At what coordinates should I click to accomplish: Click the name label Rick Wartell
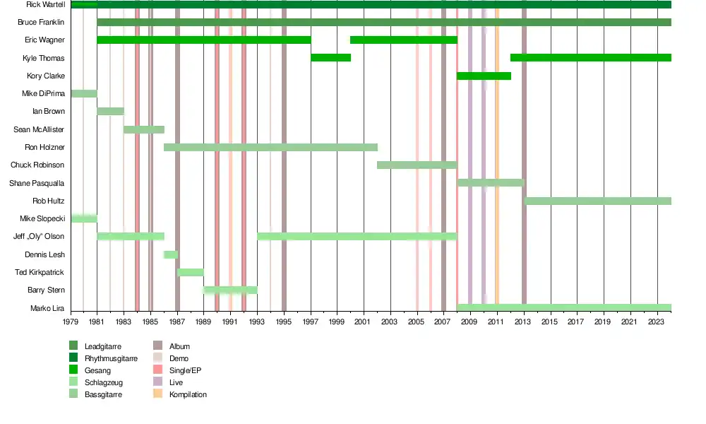point(45,4)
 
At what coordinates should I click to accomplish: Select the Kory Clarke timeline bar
point(484,76)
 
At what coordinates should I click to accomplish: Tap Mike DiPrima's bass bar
point(84,94)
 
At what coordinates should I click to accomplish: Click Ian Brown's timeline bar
point(111,112)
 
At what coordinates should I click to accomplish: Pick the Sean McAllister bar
point(144,129)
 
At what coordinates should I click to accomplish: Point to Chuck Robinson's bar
point(417,165)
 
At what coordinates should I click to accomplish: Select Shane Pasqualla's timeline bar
point(491,183)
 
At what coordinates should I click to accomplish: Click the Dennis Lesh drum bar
point(171,254)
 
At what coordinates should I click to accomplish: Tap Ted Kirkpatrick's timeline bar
point(191,272)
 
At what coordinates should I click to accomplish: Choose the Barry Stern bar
point(230,290)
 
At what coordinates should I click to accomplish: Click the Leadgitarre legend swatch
point(73,346)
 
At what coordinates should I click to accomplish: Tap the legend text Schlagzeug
point(102,382)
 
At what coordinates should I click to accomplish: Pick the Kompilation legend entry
point(188,394)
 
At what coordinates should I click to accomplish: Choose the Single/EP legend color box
point(158,370)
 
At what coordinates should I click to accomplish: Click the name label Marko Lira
point(47,308)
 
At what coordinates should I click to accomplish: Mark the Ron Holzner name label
point(44,148)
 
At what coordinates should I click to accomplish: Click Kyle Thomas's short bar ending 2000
point(330,58)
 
